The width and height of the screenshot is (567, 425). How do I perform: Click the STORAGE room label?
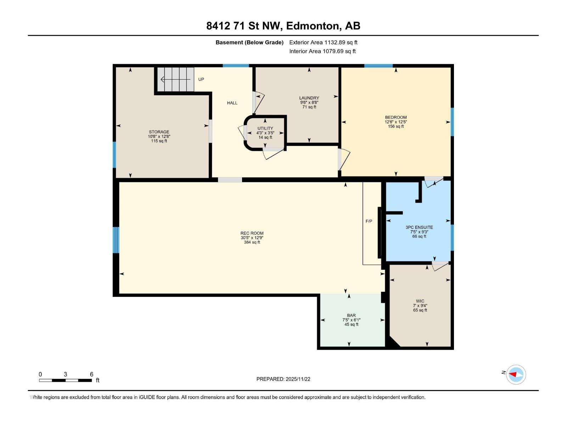[159, 132]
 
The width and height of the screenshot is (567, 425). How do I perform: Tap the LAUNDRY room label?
[309, 98]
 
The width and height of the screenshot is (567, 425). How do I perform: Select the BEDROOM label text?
[396, 118]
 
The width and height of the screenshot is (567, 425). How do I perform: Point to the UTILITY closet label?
[265, 129]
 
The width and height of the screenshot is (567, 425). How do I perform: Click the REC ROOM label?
[252, 233]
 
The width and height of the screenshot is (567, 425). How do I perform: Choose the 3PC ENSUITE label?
[419, 227]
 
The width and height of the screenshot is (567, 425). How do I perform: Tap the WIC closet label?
[420, 301]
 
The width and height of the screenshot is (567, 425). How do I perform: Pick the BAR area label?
[351, 315]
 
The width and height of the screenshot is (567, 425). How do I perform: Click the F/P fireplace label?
[369, 221]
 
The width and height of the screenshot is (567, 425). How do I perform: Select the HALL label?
[232, 103]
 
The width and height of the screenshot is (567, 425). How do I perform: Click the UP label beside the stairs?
[201, 79]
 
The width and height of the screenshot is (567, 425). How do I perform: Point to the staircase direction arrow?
[176, 79]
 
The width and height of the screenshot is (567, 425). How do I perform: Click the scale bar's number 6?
[91, 374]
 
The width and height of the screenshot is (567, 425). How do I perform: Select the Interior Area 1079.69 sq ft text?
[322, 51]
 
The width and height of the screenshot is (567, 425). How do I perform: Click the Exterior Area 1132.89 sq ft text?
[323, 42]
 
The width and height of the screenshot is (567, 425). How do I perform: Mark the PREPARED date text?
[283, 379]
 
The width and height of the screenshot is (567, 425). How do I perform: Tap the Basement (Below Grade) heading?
[249, 42]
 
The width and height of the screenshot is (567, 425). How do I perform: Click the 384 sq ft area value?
[252, 242]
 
